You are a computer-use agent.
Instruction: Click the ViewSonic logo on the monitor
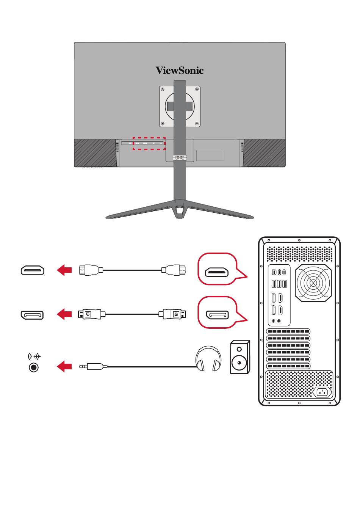tap(180, 71)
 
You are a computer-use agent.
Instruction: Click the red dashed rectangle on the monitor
tap(149, 143)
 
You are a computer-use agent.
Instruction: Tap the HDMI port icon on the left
tap(33, 270)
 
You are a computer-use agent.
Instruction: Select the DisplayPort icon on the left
tap(33, 315)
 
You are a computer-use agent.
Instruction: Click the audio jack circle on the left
tap(34, 367)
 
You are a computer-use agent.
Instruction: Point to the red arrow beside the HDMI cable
tap(64, 270)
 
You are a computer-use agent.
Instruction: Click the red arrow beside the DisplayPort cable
tap(64, 314)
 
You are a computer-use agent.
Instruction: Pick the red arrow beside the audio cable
tap(64, 367)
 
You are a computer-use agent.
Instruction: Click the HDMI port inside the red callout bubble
tap(217, 272)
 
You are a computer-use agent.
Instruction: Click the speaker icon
tap(240, 357)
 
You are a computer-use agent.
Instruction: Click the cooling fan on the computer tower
tap(313, 283)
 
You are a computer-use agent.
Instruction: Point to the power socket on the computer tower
tap(322, 392)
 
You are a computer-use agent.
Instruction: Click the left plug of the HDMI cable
tap(89, 270)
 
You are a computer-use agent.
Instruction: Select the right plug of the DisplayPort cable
tap(174, 314)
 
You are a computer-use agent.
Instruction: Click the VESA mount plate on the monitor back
tap(179, 106)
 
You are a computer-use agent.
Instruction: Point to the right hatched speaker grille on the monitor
tap(264, 152)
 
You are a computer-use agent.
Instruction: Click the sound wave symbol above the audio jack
tap(34, 356)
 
